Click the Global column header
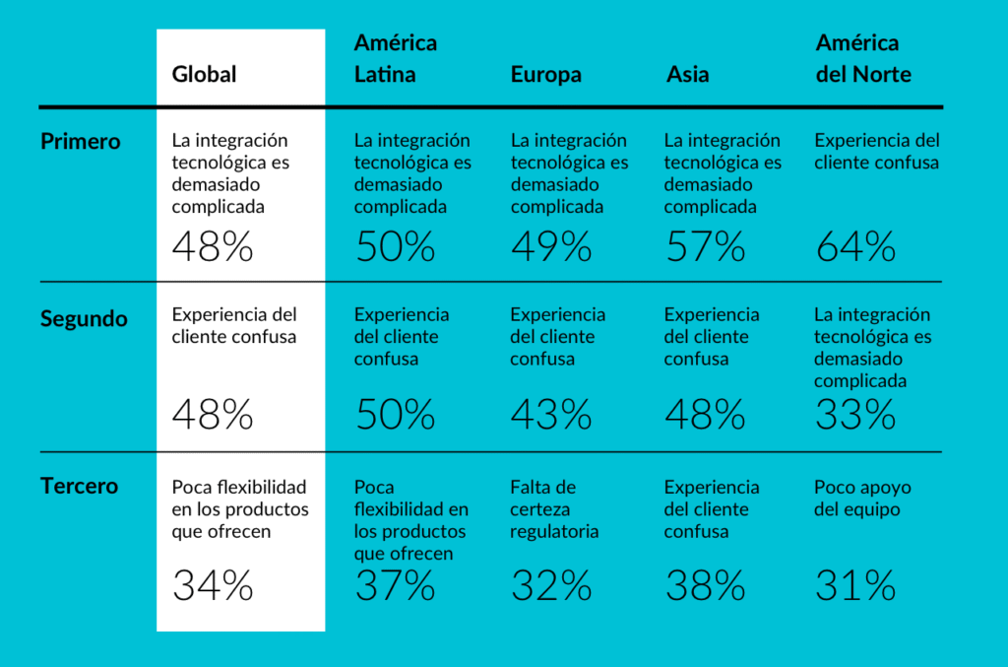(x=205, y=75)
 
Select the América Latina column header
(x=396, y=59)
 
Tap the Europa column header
(x=545, y=75)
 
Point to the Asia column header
(x=687, y=75)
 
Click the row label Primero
(x=81, y=142)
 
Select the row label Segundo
(x=84, y=319)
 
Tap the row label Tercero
(x=79, y=487)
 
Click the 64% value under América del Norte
(x=855, y=246)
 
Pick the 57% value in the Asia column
(x=705, y=246)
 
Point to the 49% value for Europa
(x=551, y=246)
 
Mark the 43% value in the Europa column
(x=551, y=415)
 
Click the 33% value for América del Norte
(x=855, y=415)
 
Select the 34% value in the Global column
(x=213, y=586)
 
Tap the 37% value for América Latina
(x=395, y=586)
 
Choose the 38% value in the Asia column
(x=705, y=586)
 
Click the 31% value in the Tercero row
(x=855, y=586)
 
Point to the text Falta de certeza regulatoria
(x=554, y=509)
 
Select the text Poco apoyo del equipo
(x=862, y=499)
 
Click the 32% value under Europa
(x=551, y=586)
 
